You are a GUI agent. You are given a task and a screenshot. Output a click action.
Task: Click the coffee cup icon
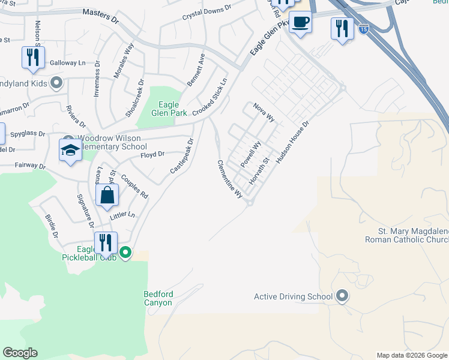point(300,23)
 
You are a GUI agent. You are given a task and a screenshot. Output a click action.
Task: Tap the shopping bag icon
point(106,195)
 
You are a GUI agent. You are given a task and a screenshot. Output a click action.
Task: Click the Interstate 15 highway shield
point(363,28)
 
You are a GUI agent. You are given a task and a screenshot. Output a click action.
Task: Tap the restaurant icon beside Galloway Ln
point(32,58)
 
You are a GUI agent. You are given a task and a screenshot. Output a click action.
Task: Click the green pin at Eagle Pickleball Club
point(125,253)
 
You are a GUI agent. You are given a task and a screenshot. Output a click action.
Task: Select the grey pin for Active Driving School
point(342,296)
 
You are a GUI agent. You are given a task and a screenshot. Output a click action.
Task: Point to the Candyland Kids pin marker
point(56,83)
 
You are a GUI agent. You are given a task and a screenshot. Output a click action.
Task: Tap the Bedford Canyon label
point(158,298)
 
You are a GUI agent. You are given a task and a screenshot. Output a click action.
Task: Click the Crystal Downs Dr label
point(206,13)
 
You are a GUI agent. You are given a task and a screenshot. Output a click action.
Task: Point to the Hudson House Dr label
point(292,143)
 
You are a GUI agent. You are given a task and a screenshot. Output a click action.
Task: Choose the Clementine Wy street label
point(230,179)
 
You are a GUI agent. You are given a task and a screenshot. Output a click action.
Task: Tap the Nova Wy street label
point(264,111)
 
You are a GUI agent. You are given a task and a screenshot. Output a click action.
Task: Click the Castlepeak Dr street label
point(182,157)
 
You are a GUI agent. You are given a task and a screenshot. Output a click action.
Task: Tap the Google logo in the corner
point(20,352)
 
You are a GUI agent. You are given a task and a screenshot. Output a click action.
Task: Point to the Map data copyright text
point(412,355)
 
